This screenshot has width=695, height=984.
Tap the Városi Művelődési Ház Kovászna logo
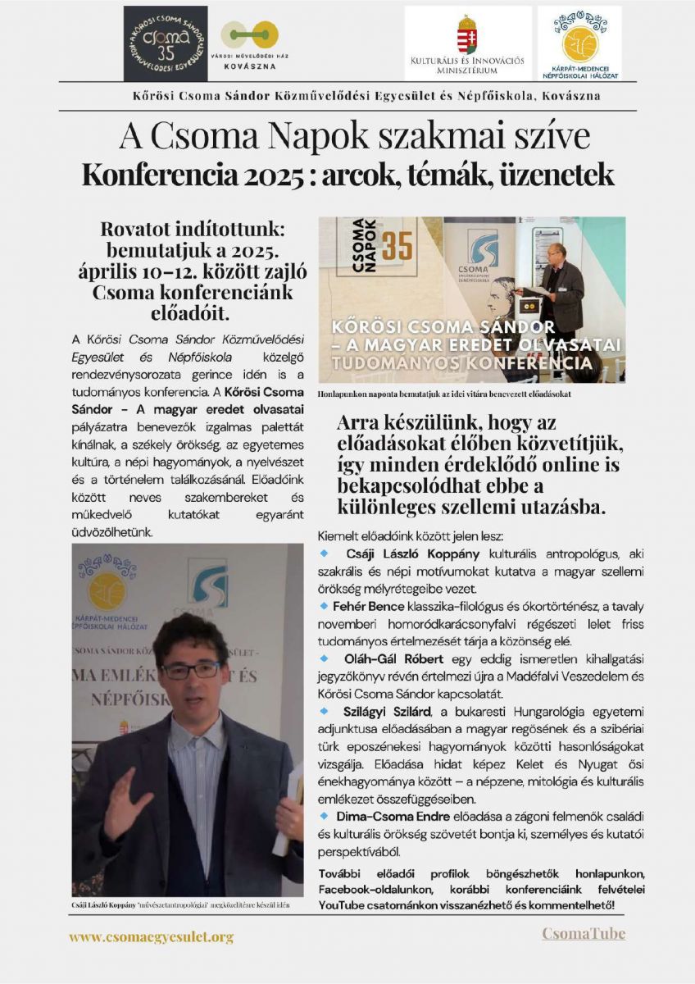coord(255,43)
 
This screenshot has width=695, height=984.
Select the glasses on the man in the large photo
coord(191,669)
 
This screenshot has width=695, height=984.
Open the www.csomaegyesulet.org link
coord(151,936)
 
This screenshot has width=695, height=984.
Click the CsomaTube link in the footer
coord(584,933)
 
